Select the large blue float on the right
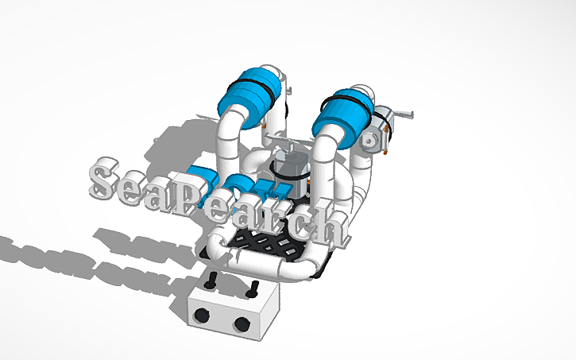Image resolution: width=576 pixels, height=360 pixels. (340, 117)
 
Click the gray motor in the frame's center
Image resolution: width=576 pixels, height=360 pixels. (288, 168)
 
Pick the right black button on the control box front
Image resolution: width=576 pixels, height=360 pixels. (242, 323)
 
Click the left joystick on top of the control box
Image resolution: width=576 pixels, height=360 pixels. (212, 281)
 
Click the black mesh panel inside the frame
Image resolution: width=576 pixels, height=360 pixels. (266, 242)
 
